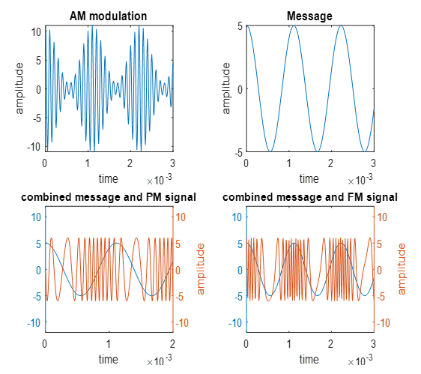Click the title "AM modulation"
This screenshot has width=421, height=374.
(108, 16)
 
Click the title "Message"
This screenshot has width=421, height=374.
(309, 16)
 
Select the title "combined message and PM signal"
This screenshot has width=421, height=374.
(109, 197)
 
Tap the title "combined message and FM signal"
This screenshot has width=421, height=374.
(310, 197)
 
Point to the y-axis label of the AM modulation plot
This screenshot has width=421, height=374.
(20, 88)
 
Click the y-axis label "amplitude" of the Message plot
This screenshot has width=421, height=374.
(226, 88)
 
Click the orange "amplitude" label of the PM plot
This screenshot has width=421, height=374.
(201, 268)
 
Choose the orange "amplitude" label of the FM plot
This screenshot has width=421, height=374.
(402, 268)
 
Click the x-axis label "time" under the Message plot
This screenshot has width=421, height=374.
(309, 178)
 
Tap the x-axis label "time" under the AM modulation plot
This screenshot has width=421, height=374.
(108, 178)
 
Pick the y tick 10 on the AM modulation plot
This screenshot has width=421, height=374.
(34, 31)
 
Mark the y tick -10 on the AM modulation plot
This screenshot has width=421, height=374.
(33, 146)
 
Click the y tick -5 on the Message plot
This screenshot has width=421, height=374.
(237, 152)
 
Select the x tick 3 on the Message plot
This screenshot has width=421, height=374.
(372, 163)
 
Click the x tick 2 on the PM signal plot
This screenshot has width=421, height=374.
(172, 343)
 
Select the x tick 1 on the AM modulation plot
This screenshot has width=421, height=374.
(88, 163)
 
